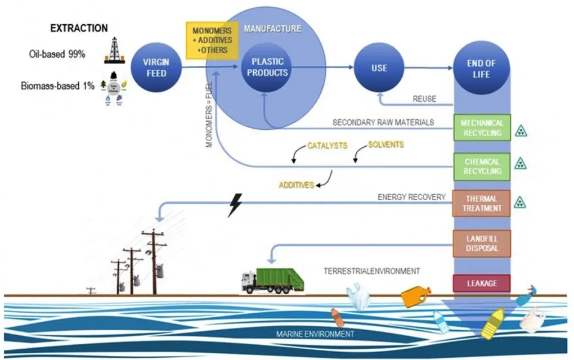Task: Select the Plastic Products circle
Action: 266,67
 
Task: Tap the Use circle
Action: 379,68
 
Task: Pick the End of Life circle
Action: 481,69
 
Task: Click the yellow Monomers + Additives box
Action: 210,40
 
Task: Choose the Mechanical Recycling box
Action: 481,128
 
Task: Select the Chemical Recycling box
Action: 481,166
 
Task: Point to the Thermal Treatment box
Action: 481,203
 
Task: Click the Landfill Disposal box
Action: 481,243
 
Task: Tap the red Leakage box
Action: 481,283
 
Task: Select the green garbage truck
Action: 275,280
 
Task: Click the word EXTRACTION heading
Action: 79,28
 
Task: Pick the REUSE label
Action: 425,99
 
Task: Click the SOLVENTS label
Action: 385,145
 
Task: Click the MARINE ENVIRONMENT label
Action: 315,334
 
